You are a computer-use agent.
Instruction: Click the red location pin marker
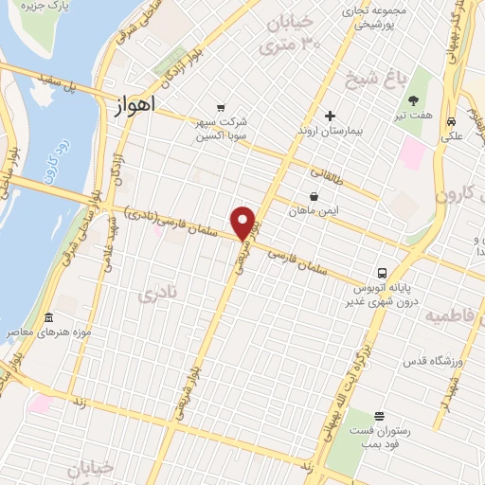click(x=244, y=223)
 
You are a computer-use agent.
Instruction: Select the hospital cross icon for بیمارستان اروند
click(x=330, y=117)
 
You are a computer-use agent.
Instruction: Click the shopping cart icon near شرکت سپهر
click(x=221, y=107)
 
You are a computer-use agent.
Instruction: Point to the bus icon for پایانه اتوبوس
click(x=382, y=271)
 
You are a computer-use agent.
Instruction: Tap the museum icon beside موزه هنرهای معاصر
click(x=47, y=318)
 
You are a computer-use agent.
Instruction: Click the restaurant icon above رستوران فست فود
click(x=379, y=416)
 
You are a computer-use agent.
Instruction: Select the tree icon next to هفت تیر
click(x=413, y=100)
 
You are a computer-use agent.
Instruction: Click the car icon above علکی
click(x=453, y=120)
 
